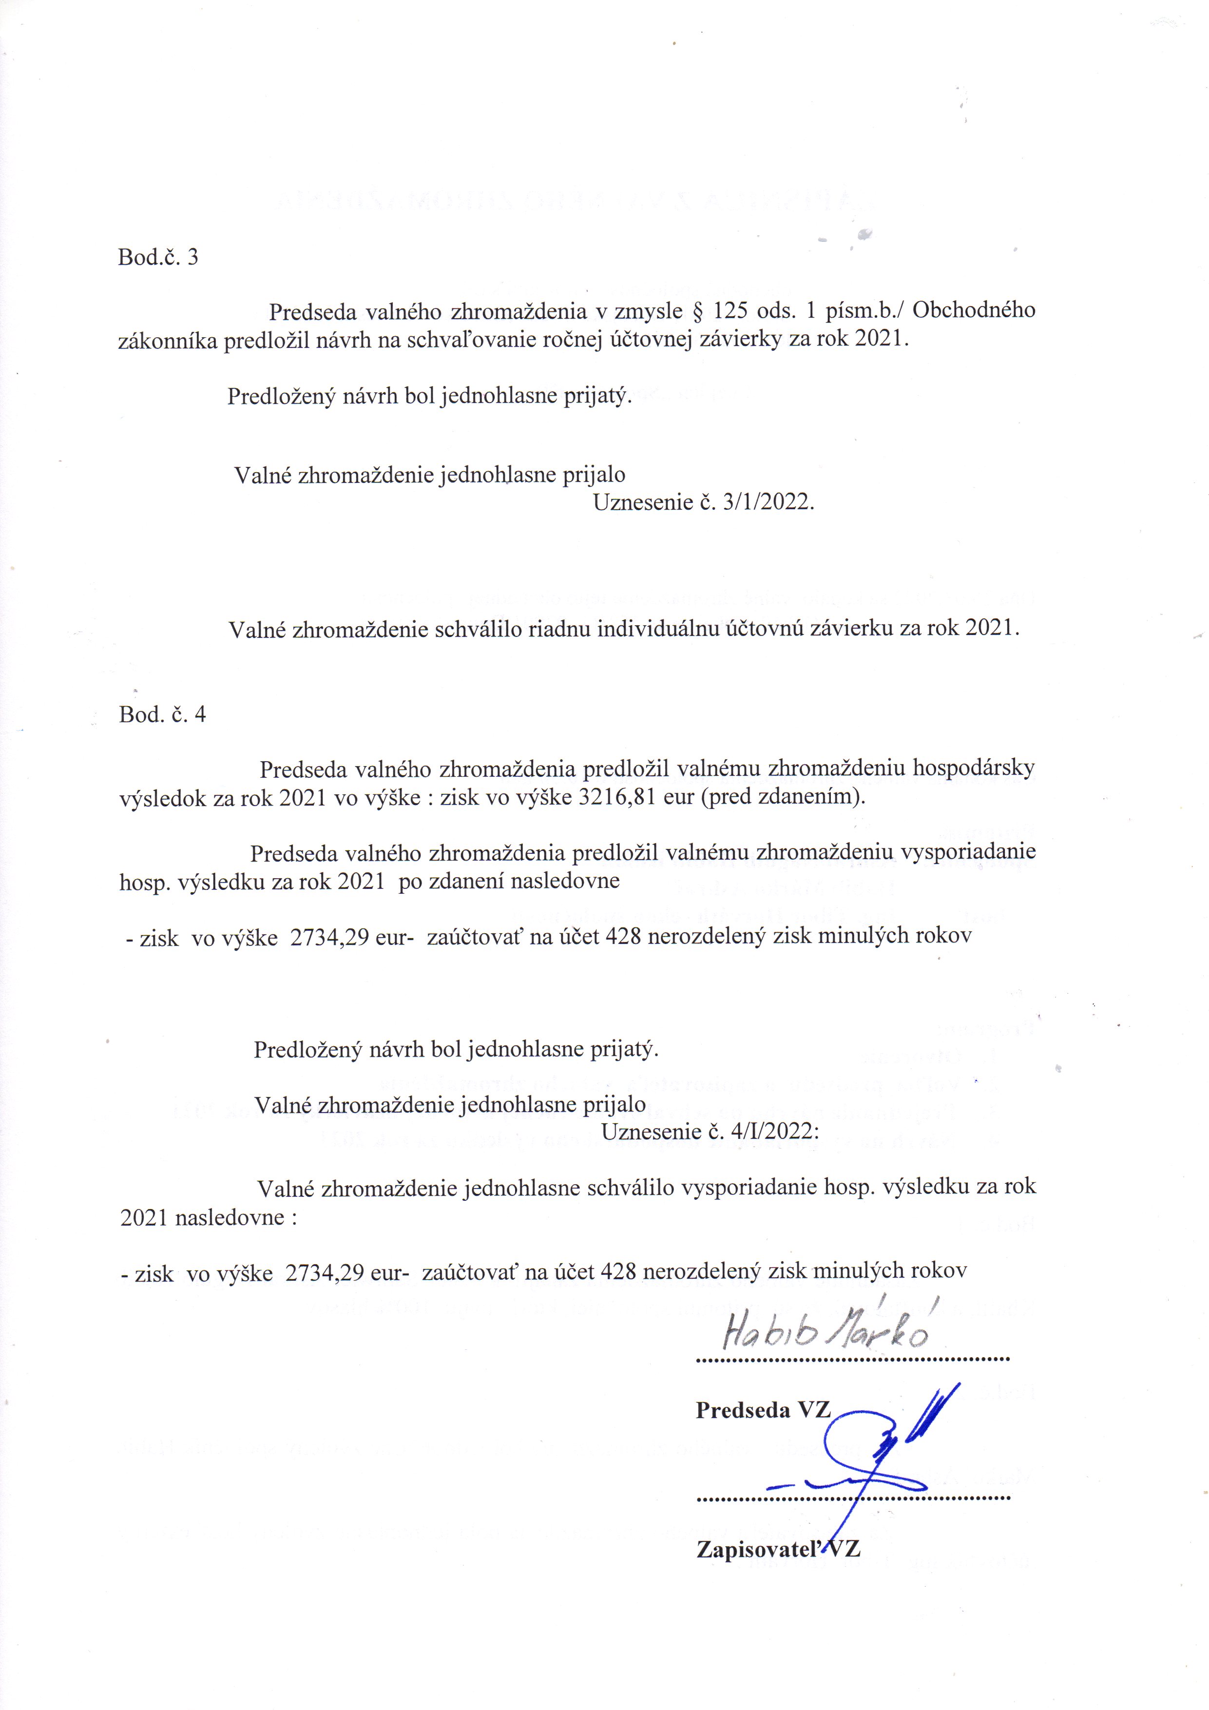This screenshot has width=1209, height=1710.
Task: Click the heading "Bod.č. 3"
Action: click(158, 258)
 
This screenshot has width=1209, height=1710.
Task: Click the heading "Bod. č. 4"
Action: click(162, 715)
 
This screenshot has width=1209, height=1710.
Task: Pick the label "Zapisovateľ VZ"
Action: click(778, 1550)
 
